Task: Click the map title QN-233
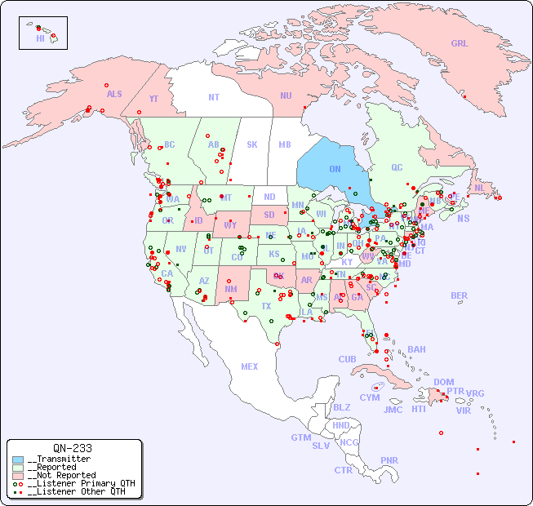pyautogui.click(x=72, y=448)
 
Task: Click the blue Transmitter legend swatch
pyautogui.click(x=18, y=459)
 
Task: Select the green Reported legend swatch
pyautogui.click(x=18, y=468)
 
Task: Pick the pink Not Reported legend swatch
pyautogui.click(x=18, y=475)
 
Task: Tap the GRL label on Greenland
pyautogui.click(x=460, y=43)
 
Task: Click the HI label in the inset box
pyautogui.click(x=40, y=38)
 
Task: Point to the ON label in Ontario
pyautogui.click(x=335, y=169)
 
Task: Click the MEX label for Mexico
pyautogui.click(x=250, y=366)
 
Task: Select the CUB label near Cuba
pyautogui.click(x=347, y=359)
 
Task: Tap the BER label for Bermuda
pyautogui.click(x=459, y=295)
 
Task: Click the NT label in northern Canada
pyautogui.click(x=213, y=97)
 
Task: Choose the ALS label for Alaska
pyautogui.click(x=114, y=94)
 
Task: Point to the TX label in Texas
pyautogui.click(x=266, y=306)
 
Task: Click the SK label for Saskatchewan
pyautogui.click(x=252, y=144)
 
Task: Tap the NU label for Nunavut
pyautogui.click(x=286, y=95)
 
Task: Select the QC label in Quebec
pyautogui.click(x=397, y=167)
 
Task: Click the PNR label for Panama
pyautogui.click(x=389, y=460)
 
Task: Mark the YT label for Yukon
pyautogui.click(x=153, y=99)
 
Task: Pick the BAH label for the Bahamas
pyautogui.click(x=416, y=349)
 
